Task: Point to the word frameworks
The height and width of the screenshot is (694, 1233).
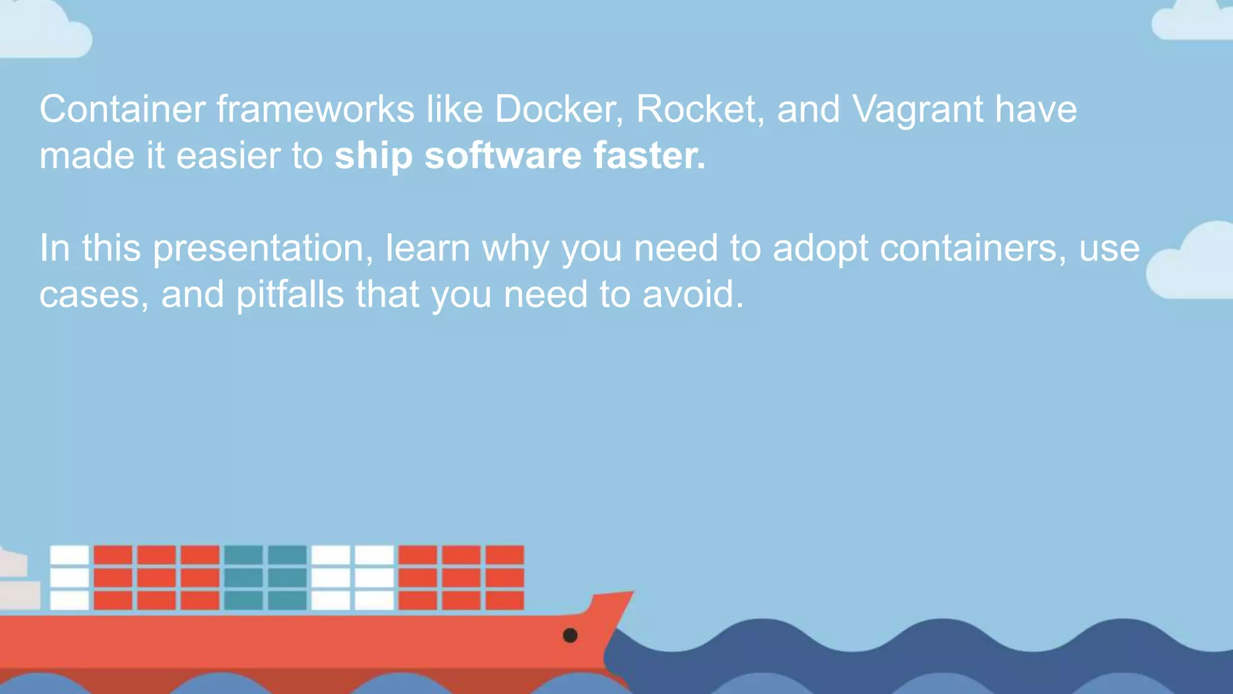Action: pos(315,109)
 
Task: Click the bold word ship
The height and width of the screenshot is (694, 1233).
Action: pos(373,157)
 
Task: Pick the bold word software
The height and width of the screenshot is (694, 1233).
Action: pos(503,155)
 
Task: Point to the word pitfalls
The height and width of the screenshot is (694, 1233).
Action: pos(290,295)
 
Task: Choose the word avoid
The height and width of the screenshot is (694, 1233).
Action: pos(693,295)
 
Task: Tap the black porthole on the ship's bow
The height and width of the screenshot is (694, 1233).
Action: pos(570,635)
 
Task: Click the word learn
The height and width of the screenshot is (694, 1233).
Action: pos(427,248)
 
